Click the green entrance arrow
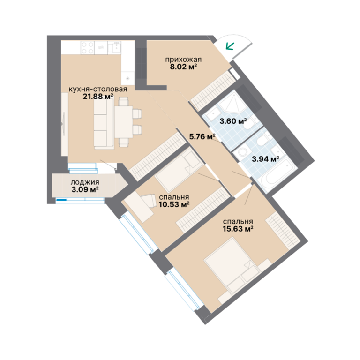[x=230, y=46]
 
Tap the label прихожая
[x=183, y=60]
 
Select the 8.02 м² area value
[x=183, y=67]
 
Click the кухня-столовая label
[x=98, y=89]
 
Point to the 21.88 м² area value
[x=98, y=97]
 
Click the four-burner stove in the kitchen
[x=88, y=48]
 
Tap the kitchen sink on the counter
[x=114, y=47]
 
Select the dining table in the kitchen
[x=124, y=122]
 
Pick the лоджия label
[x=85, y=182]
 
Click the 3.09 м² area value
[x=85, y=190]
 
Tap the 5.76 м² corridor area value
[x=202, y=136]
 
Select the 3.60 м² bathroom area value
[x=233, y=121]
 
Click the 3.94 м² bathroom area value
[x=265, y=159]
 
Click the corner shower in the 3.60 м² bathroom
[x=230, y=101]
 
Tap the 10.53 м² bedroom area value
[x=174, y=204]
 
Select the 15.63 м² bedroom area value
[x=238, y=229]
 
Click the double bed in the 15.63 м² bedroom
[x=232, y=266]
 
